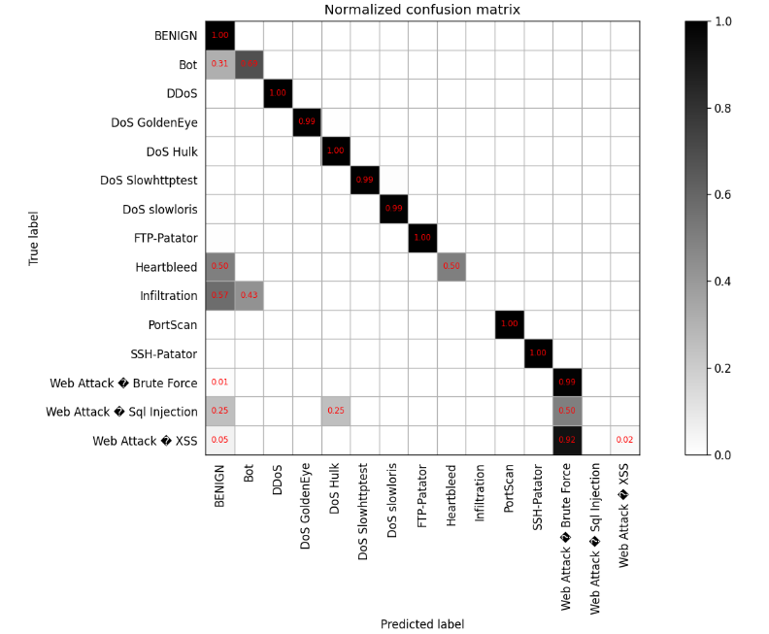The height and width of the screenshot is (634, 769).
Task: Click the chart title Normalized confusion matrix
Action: (x=421, y=11)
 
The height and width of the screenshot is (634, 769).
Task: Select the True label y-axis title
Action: (x=34, y=237)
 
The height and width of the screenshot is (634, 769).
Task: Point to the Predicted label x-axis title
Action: (x=421, y=623)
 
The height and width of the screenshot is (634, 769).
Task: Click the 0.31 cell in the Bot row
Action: (x=219, y=65)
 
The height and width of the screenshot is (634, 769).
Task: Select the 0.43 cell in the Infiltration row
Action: (x=249, y=296)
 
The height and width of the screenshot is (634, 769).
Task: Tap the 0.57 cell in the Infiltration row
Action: (x=219, y=296)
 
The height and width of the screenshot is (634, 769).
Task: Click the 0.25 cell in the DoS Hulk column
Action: (x=336, y=412)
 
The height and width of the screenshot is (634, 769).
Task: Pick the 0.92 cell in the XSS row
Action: (x=567, y=441)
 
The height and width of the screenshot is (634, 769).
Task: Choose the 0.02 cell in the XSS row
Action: (x=625, y=441)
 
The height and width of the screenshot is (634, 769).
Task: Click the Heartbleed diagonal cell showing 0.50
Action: (x=451, y=267)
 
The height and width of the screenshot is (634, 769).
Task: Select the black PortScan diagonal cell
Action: (x=510, y=325)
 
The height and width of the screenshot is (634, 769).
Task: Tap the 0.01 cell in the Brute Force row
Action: (x=219, y=383)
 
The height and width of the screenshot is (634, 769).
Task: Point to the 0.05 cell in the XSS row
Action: (x=219, y=441)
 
